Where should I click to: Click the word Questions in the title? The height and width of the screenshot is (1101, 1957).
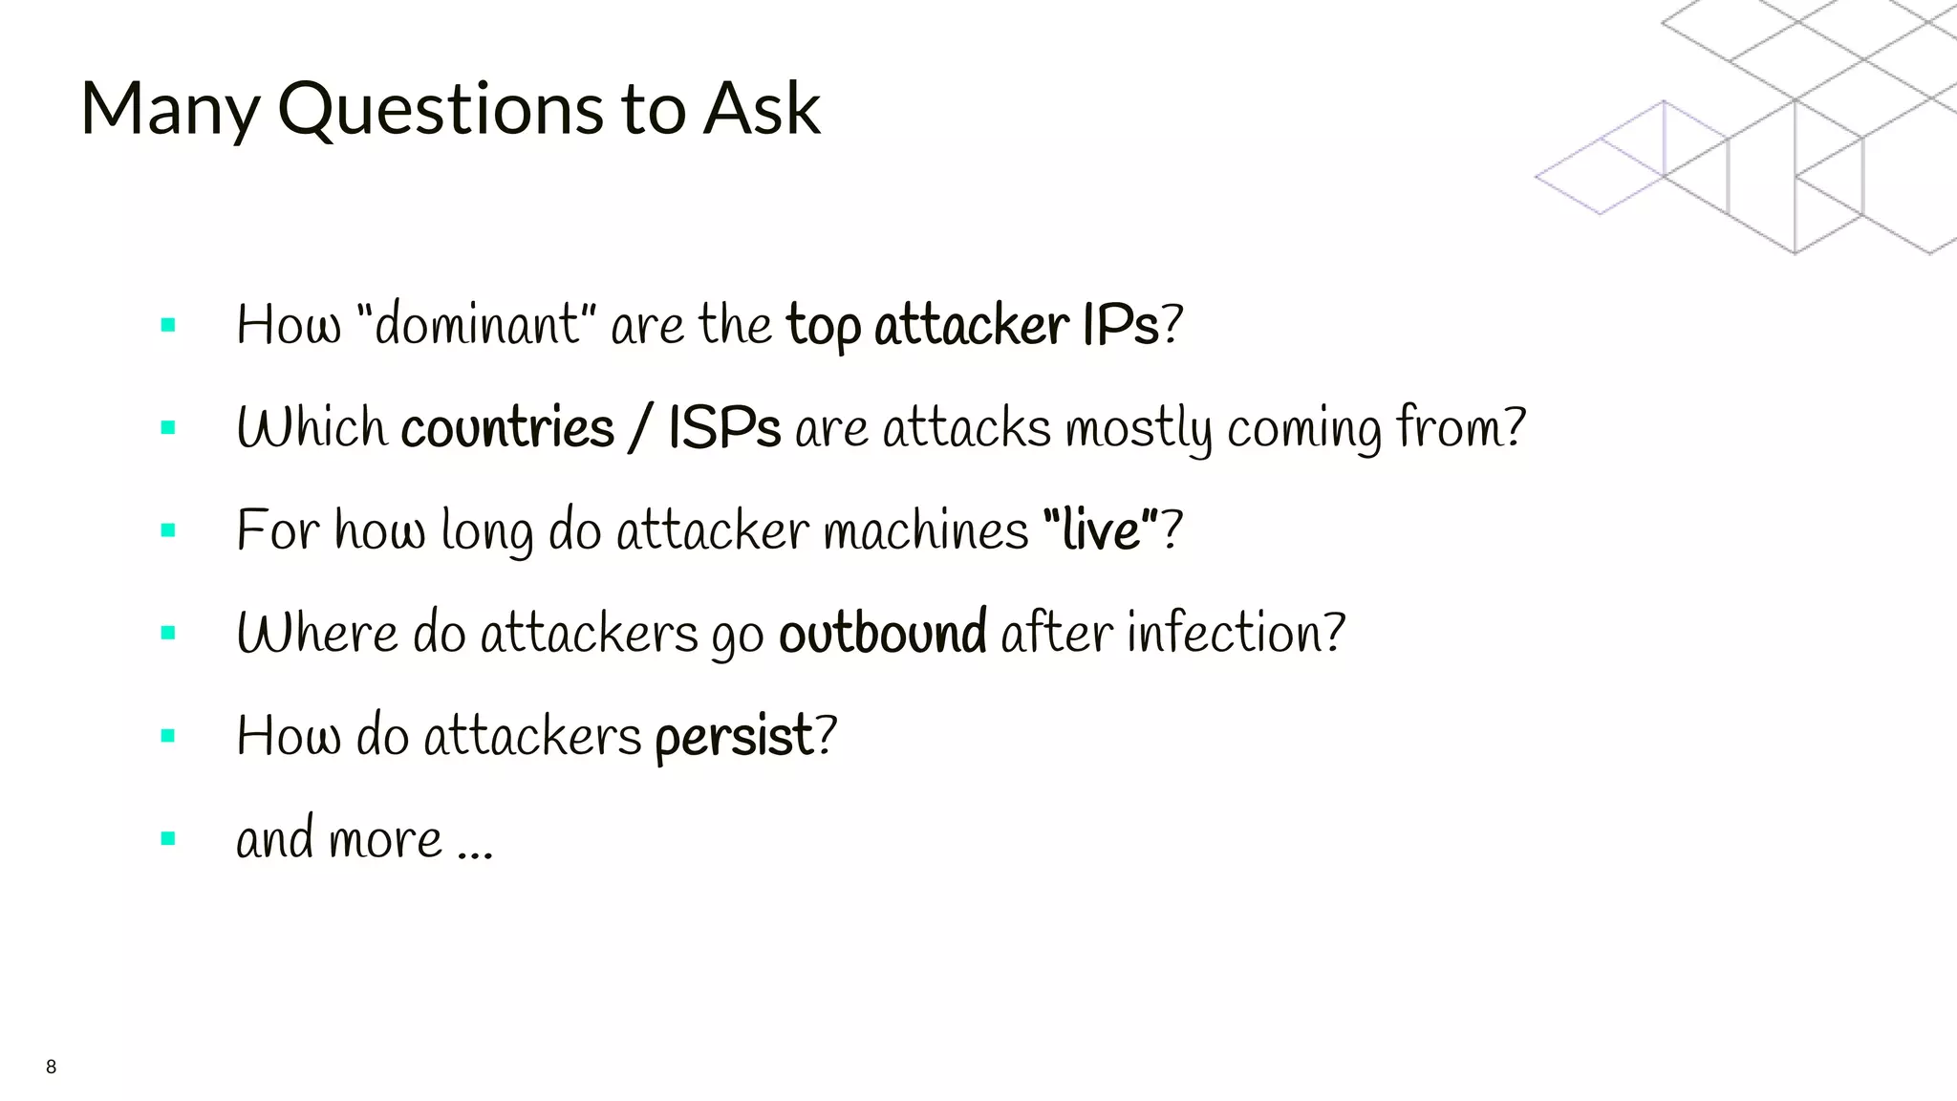tap(441, 109)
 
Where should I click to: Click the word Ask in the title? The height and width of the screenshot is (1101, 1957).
tap(762, 109)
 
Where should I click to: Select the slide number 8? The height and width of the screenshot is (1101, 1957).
tap(51, 1067)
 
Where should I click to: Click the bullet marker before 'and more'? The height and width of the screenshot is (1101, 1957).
tap(169, 839)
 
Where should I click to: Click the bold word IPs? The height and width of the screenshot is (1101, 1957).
tap(1120, 325)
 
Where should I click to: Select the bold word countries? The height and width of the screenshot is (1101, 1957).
tap(507, 427)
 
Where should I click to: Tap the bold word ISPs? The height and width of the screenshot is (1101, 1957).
tap(724, 427)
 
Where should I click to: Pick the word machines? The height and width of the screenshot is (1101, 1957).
tap(925, 530)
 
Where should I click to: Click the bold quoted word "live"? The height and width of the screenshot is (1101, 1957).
tap(1101, 529)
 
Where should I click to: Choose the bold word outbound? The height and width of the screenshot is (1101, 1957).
tap(883, 633)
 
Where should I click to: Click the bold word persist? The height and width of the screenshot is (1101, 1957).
tap(734, 737)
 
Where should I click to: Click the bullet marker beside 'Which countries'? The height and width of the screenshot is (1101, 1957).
tap(169, 427)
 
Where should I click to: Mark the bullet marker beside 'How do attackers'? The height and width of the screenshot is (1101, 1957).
tap(169, 736)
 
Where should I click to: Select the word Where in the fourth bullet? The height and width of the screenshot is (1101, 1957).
tap(316, 633)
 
